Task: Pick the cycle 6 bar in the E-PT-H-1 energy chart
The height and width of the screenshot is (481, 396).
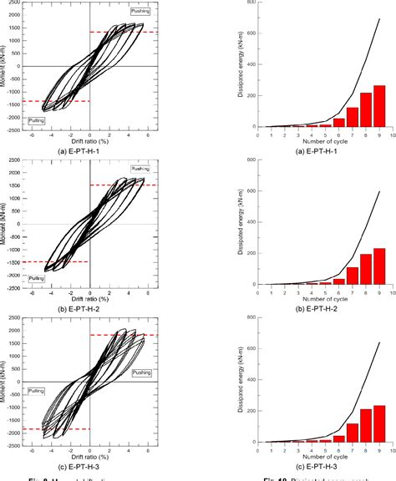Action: tap(338, 122)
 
